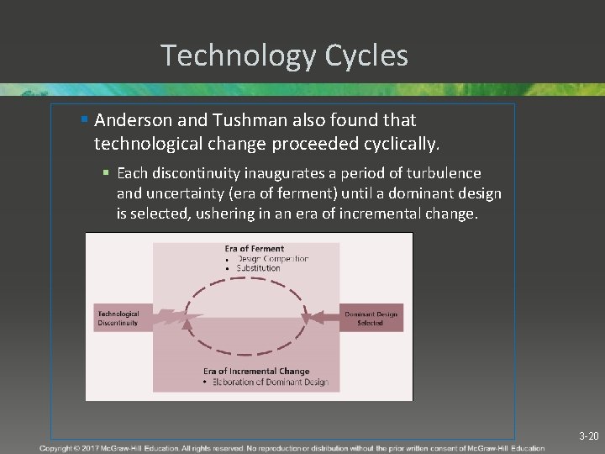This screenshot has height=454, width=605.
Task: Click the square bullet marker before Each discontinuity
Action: [107, 173]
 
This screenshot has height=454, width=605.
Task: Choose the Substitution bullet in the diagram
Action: [258, 268]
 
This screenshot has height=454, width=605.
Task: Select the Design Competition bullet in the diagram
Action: [271, 259]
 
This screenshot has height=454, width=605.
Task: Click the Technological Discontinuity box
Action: [119, 318]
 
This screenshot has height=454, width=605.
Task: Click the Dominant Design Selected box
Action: [370, 318]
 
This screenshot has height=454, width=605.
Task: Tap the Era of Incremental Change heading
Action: [256, 371]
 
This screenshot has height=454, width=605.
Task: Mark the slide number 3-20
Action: [588, 436]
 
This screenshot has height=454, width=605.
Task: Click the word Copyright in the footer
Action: [57, 449]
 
